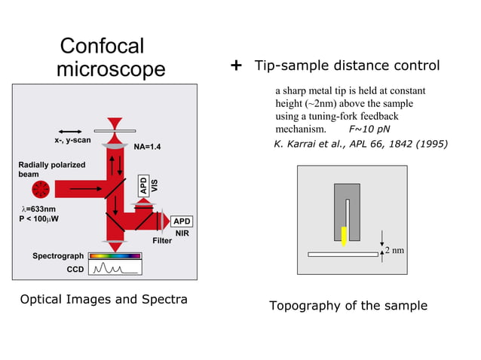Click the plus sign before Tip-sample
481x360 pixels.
pos(235,66)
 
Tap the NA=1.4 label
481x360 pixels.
pos(147,147)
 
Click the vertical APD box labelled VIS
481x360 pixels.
pos(143,185)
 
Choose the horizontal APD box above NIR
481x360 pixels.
pos(182,221)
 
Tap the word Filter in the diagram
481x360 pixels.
pos(162,241)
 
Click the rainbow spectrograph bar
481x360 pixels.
pos(115,256)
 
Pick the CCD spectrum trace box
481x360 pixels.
pos(115,268)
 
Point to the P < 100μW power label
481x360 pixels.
pos(38,219)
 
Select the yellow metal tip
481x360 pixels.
pos(344,236)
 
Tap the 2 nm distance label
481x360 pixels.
pos(397,249)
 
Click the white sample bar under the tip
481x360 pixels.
pos(343,254)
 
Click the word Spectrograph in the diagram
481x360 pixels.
pos(58,256)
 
